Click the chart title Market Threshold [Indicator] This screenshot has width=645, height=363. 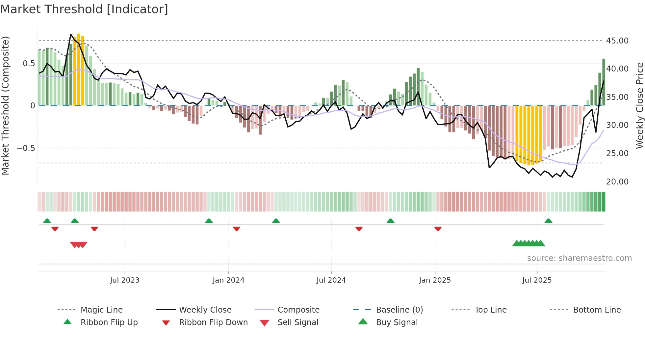click(x=84, y=9)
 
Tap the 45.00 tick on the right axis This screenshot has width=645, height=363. click(x=617, y=41)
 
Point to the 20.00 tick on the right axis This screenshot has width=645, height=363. click(x=617, y=182)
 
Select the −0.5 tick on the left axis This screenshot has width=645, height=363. click(x=26, y=148)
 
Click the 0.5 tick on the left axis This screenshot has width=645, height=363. click(x=29, y=64)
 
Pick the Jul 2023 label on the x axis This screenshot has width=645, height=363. click(x=125, y=280)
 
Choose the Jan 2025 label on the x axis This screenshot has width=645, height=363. click(x=435, y=280)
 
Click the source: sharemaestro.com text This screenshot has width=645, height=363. click(x=579, y=258)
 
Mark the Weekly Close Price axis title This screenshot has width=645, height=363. click(x=639, y=105)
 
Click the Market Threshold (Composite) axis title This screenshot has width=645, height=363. click(x=5, y=105)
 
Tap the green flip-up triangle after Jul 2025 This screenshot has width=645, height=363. click(x=548, y=221)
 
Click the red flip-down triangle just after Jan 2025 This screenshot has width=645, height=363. click(x=438, y=229)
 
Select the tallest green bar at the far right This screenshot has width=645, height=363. click(x=604, y=82)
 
